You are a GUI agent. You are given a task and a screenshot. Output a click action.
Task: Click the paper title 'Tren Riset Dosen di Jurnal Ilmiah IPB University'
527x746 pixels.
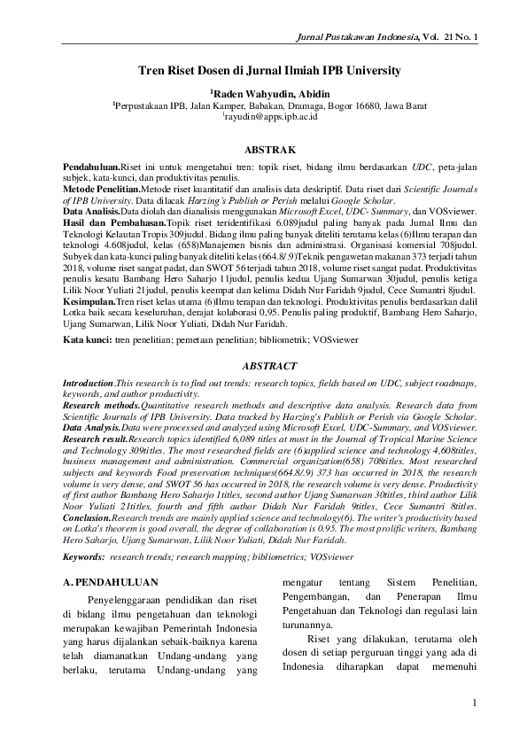coord(263,69)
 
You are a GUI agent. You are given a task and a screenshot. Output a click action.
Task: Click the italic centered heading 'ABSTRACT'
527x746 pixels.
coord(263,365)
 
